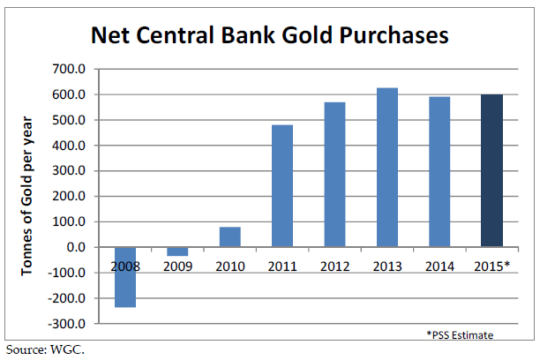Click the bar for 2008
125,277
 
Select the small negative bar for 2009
177,251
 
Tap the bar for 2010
230,237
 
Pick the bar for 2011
282,186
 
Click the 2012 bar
334,175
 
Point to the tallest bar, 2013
387,168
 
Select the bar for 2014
439,172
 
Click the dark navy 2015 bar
492,171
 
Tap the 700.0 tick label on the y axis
69,69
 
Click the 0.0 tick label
76,247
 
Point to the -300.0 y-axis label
66,324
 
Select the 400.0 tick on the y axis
69,146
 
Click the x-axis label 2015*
491,266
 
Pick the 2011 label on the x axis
282,266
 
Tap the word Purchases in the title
394,35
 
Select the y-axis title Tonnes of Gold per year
26,196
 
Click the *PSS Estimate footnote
460,334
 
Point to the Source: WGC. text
45,349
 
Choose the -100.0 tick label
66,273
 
